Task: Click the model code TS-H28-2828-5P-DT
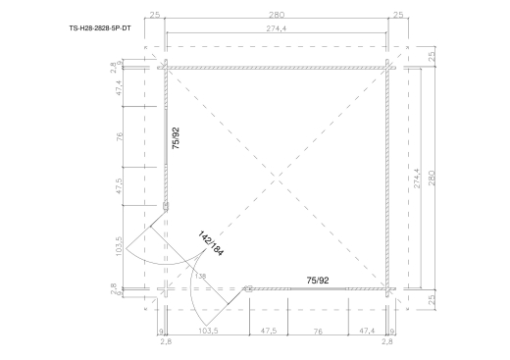point(100,28)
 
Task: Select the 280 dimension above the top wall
point(277,15)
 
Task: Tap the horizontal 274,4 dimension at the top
point(277,28)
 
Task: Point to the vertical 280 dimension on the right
point(432,178)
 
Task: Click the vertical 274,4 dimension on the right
point(418,179)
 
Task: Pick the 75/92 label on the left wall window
point(176,138)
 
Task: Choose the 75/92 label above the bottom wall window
point(318,281)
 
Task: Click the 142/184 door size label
point(211,243)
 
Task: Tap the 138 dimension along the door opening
point(200,277)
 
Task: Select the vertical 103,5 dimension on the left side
point(119,246)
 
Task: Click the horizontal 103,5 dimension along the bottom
point(208,331)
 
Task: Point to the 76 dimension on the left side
point(120,136)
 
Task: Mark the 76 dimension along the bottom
point(318,332)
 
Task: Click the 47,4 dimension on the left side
point(119,88)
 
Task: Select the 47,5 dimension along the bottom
point(269,331)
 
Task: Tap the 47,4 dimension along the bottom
point(367,331)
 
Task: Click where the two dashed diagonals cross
point(277,179)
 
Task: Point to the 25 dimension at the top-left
point(155,15)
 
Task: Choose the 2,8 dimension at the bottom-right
point(387,342)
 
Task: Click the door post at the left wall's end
point(166,206)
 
